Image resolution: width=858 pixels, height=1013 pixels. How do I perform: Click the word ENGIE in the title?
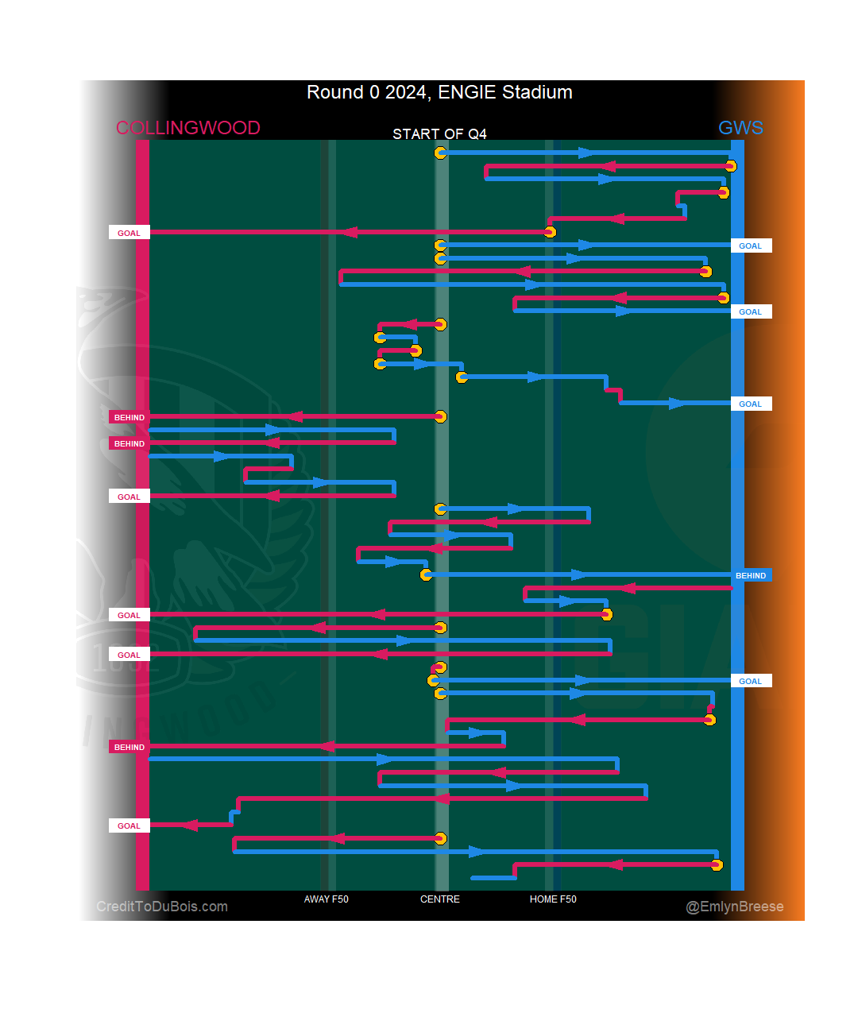coord(466,92)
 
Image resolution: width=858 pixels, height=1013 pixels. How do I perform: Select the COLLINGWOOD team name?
coord(187,128)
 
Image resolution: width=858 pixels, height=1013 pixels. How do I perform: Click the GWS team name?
coord(740,128)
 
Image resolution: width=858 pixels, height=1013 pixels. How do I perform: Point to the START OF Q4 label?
coord(439,133)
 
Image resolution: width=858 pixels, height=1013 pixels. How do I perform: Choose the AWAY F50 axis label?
coord(326,899)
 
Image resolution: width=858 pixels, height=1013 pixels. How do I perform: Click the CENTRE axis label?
coord(439,899)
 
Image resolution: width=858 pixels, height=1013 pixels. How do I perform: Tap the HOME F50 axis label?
coord(553,899)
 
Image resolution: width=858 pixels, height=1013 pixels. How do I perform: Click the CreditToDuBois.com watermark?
coord(162,907)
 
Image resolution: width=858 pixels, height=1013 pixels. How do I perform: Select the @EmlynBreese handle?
coord(734,907)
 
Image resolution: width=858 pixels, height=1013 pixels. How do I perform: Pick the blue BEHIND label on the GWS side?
coord(751,575)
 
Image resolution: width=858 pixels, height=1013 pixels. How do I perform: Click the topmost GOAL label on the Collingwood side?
coord(129,233)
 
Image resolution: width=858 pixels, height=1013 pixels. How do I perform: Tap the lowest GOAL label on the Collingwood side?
coord(129,825)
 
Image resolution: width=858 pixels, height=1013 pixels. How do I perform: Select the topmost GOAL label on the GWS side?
coord(751,246)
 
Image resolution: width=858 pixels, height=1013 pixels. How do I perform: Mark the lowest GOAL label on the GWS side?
coord(751,681)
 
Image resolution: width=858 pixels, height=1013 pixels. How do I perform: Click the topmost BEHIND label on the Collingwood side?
coord(129,417)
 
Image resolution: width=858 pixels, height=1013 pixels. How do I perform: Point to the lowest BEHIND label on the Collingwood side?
coord(129,747)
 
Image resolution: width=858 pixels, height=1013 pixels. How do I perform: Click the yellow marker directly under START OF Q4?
coord(440,153)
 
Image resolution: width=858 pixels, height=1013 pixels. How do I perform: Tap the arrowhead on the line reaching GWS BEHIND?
coord(579,574)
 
